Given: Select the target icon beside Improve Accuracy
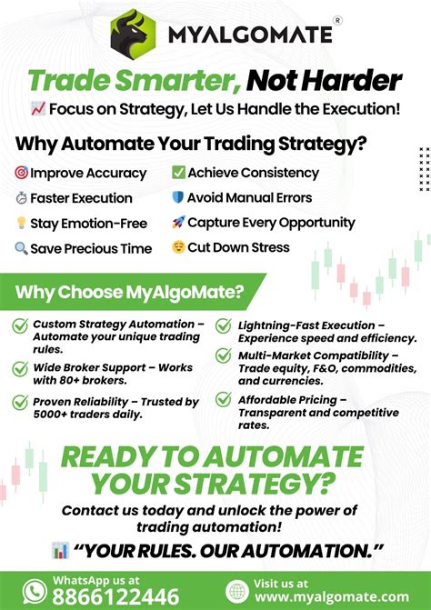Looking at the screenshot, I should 21,173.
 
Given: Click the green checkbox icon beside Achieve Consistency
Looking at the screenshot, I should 178,172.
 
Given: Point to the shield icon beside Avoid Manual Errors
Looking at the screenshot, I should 178,197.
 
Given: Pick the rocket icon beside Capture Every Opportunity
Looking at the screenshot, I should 178,222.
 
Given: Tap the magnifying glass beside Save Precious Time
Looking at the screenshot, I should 21,247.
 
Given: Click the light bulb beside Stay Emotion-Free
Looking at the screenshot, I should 21,223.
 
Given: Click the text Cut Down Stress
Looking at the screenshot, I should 239,247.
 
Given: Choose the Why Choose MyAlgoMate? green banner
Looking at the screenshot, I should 127,292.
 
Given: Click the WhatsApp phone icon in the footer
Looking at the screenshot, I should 34,590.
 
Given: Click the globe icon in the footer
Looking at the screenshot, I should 237,590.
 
